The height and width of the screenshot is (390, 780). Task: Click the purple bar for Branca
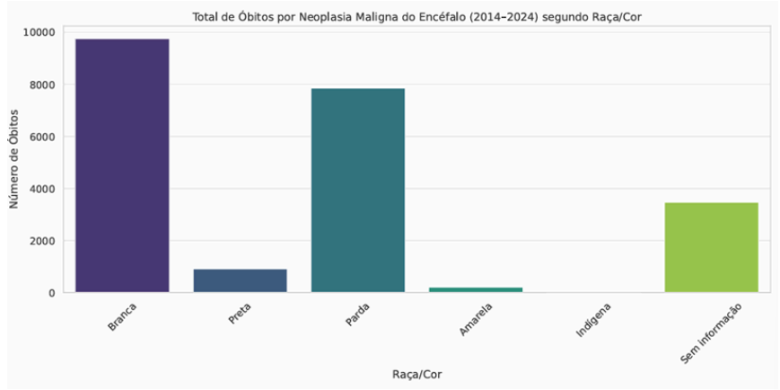122,166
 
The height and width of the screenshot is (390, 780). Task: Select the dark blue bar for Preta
240,280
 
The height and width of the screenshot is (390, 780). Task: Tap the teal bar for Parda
358,191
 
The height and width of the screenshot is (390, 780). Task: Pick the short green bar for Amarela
476,289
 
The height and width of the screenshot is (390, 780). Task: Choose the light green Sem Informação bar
712,247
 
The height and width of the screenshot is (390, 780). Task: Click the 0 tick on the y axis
53,293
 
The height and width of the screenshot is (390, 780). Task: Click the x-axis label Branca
123,315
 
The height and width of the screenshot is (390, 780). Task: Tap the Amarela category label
475,319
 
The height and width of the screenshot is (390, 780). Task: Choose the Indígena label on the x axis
592,320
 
